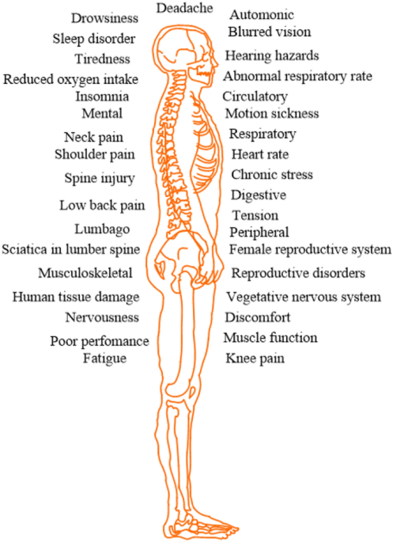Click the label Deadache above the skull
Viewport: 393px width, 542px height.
(184, 8)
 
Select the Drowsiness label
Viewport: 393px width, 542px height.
(104, 18)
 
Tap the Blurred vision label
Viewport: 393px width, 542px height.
(270, 32)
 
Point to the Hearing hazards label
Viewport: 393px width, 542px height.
(272, 56)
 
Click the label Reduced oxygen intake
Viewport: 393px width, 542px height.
(71, 80)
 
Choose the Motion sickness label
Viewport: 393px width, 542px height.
(272, 113)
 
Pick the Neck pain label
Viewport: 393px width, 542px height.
(93, 138)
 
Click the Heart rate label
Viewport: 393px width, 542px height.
(259, 154)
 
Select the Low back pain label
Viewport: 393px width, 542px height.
(102, 206)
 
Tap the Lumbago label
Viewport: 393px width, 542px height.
(102, 229)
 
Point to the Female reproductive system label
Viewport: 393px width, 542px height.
(310, 249)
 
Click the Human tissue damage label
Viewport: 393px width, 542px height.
(76, 298)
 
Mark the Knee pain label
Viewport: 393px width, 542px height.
(255, 358)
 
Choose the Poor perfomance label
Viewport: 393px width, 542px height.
(100, 342)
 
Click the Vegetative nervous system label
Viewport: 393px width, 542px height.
(304, 298)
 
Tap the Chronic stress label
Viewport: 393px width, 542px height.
(272, 175)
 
